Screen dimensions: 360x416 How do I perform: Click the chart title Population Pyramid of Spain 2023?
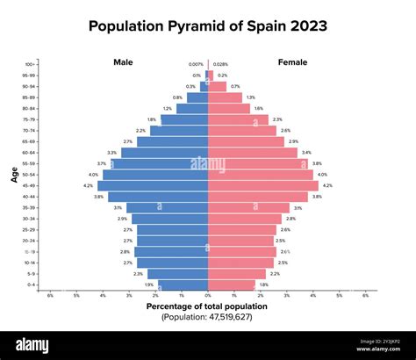[208, 26]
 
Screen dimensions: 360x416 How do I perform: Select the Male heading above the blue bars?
[123, 62]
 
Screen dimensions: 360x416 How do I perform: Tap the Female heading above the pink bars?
[292, 62]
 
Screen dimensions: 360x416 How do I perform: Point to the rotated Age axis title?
[16, 175]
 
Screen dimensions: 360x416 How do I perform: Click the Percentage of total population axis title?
[207, 306]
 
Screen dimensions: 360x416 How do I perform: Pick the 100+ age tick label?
[31, 64]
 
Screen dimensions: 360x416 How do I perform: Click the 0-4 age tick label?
[32, 284]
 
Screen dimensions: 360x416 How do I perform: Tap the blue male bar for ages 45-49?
[153, 185]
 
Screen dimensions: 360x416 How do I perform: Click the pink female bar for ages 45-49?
[263, 185]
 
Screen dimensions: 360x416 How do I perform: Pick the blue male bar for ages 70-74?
[179, 130]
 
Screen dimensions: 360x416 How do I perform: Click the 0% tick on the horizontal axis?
[208, 296]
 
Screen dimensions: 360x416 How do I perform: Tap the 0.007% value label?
[196, 64]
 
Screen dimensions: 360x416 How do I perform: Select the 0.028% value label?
[220, 64]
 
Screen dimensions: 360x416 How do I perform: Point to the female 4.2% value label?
[327, 185]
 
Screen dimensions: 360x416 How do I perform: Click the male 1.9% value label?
[149, 284]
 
